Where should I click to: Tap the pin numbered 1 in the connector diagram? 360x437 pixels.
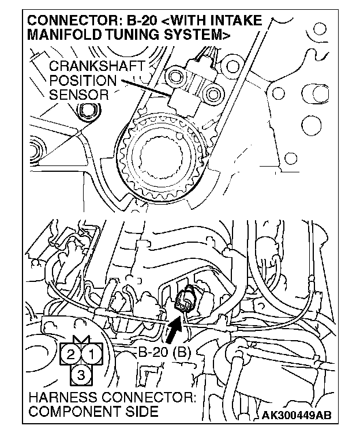93,353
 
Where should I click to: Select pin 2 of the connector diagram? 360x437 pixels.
71,353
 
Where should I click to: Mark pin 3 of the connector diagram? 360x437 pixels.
82,375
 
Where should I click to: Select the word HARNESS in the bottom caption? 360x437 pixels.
61,399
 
